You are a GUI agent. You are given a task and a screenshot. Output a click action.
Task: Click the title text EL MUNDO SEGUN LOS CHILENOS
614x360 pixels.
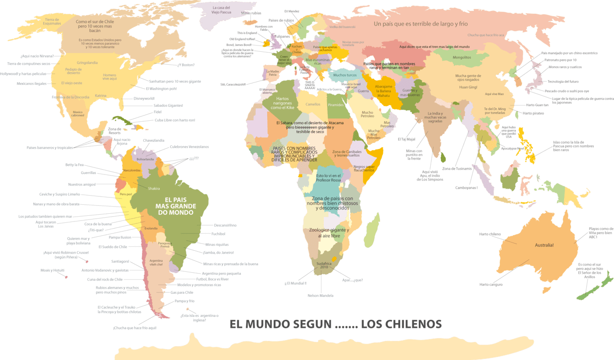[335, 324]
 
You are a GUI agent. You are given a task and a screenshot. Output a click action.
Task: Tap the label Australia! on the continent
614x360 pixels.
[544, 245]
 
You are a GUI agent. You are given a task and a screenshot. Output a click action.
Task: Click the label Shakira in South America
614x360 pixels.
[154, 188]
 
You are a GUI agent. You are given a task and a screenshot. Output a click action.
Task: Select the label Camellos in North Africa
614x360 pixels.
[313, 104]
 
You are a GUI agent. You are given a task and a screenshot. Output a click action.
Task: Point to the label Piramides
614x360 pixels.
[336, 105]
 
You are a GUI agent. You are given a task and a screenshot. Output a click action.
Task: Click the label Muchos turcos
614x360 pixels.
[345, 75]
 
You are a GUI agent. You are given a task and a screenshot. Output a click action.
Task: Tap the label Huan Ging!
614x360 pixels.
[468, 87]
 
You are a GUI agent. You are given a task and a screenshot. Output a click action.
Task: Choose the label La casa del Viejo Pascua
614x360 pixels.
[222, 10]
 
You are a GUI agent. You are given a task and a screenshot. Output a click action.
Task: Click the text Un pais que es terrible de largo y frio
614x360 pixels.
[421, 23]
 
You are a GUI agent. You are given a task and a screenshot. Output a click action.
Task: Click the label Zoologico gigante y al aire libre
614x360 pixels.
[328, 233]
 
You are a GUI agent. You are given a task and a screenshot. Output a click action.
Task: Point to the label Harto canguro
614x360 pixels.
[491, 284]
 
